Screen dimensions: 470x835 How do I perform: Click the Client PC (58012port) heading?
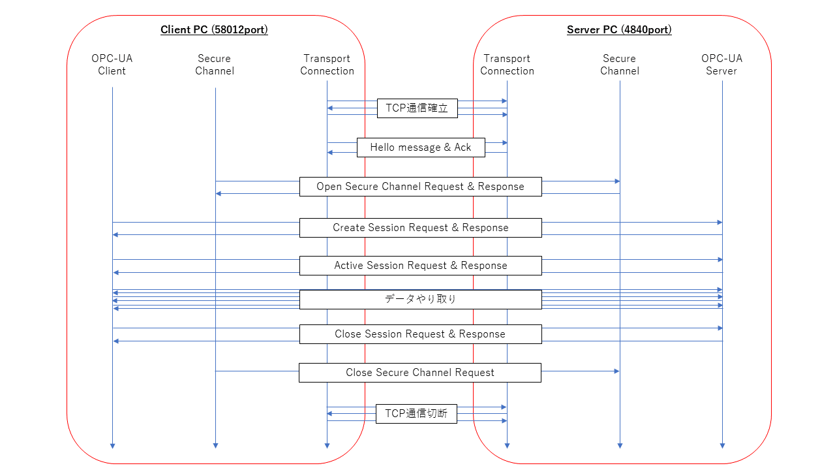[214, 30]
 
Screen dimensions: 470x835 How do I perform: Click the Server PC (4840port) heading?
[619, 30]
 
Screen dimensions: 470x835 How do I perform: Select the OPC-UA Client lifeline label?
[112, 65]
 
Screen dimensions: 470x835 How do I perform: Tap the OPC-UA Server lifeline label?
[721, 65]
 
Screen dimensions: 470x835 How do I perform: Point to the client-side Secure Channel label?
[215, 65]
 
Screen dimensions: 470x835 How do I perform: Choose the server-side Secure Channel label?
[619, 65]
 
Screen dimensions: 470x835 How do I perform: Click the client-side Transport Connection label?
[327, 65]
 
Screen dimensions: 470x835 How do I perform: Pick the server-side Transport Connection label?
[507, 65]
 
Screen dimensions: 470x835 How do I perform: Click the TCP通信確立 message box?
[417, 108]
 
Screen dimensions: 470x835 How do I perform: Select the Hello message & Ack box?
[421, 148]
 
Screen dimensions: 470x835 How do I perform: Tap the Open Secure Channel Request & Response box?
[420, 187]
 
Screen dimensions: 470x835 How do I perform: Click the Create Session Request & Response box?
[420, 228]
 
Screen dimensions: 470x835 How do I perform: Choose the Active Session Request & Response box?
[420, 266]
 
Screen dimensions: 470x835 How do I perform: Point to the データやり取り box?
[420, 300]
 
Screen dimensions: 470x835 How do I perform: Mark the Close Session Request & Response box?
[420, 334]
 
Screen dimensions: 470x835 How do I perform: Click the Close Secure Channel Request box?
[419, 373]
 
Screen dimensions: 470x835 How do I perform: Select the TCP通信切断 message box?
[416, 414]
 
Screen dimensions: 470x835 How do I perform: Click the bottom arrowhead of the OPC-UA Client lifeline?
[112, 445]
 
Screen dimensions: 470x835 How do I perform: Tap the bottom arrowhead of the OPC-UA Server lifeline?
[722, 445]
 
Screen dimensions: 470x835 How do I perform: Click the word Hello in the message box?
[383, 148]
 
